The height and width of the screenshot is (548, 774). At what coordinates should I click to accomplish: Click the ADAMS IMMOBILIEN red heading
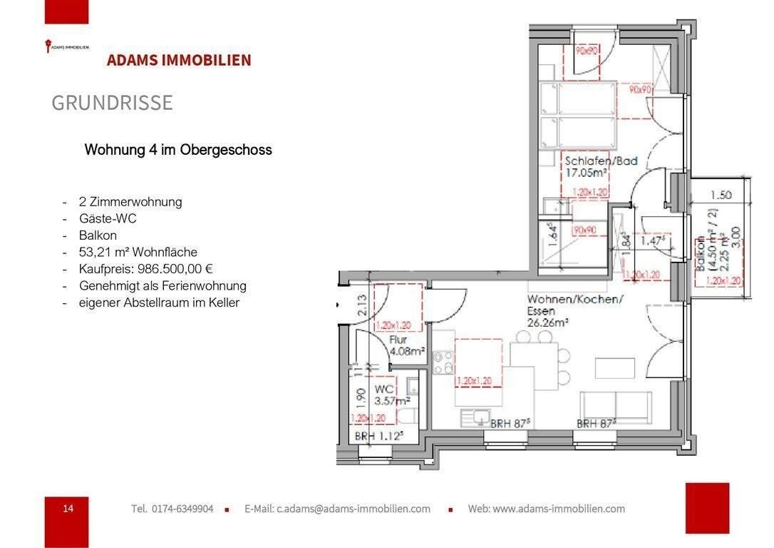click(179, 60)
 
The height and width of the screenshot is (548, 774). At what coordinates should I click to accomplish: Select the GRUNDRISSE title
click(112, 103)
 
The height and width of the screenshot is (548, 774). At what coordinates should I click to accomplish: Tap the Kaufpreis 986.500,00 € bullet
click(147, 269)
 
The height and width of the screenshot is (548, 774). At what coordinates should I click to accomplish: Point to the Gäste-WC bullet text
click(108, 218)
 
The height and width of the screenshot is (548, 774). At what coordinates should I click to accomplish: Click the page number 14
click(68, 508)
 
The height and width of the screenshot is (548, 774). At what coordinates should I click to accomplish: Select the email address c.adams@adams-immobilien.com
click(337, 509)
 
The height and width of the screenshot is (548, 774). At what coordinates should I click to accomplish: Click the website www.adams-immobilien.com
click(546, 509)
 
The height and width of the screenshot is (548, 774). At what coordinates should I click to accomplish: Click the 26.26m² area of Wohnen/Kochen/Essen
click(547, 323)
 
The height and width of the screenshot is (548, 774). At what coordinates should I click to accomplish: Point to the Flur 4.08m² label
click(407, 346)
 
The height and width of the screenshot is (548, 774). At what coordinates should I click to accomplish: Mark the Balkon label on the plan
click(702, 253)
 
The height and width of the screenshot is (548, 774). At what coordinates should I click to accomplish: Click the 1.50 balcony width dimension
click(721, 195)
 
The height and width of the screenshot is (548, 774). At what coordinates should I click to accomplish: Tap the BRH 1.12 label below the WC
click(379, 436)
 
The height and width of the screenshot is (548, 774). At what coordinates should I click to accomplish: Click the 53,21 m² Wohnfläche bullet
click(138, 252)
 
